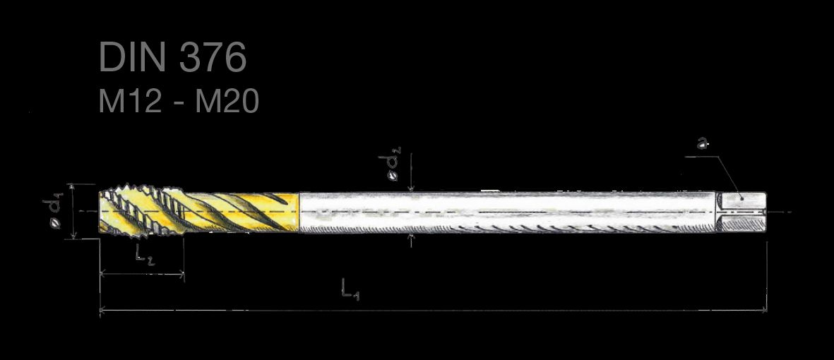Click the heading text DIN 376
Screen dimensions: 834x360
click(173, 57)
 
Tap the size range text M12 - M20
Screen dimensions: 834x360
click(179, 101)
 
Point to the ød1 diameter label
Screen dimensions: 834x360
click(54, 212)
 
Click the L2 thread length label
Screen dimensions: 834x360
click(144, 254)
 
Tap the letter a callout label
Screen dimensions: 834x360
click(703, 143)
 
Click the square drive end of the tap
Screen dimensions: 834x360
click(741, 212)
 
